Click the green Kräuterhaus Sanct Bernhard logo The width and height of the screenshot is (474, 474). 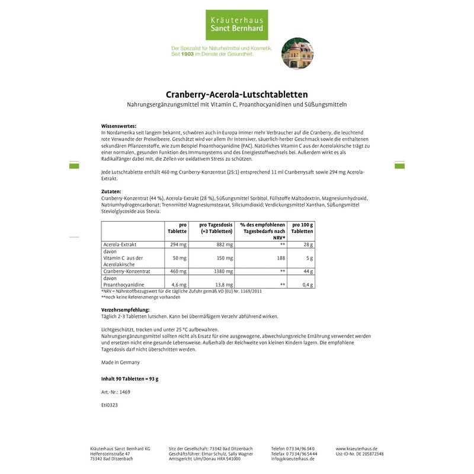(236, 23)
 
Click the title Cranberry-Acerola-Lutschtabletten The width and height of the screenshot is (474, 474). (236, 94)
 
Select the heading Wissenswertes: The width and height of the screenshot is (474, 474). (118, 126)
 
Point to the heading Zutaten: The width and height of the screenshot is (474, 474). (111, 192)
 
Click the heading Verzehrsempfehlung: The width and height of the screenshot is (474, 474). (126, 310)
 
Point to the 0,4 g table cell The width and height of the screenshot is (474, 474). (306, 284)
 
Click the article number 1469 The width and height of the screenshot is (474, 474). (124, 392)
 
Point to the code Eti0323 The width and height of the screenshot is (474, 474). (110, 408)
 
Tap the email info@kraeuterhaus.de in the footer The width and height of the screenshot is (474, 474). (293, 459)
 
